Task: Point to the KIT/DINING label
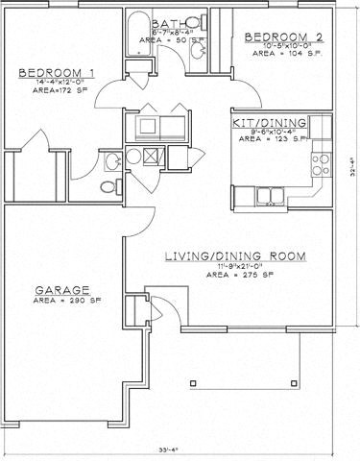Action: tap(270, 123)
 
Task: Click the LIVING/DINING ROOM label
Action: tap(234, 256)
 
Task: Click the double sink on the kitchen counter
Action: tap(269, 198)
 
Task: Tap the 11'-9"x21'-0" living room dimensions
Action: tap(234, 267)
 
